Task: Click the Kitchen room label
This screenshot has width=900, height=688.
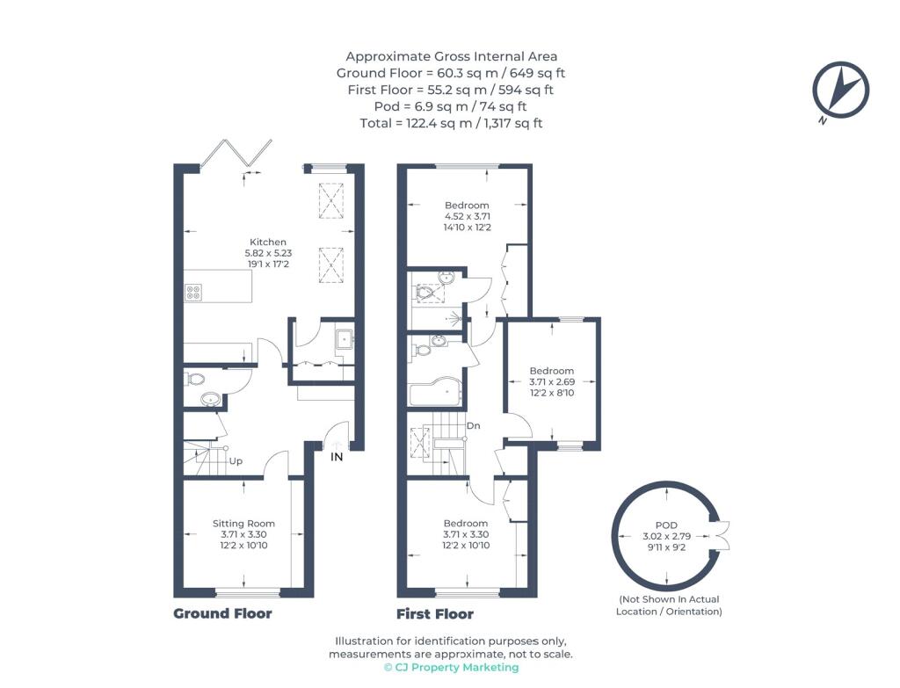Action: point(268,243)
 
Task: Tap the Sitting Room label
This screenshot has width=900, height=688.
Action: point(244,524)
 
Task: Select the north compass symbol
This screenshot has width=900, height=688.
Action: point(840,91)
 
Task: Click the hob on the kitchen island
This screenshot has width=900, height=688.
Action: point(192,293)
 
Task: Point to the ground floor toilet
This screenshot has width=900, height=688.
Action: point(195,380)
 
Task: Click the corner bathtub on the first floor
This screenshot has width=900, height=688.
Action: point(433,392)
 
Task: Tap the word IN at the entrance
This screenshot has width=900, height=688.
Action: point(337,457)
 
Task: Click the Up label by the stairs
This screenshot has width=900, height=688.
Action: point(236,460)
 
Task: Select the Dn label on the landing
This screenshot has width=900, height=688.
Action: point(473,426)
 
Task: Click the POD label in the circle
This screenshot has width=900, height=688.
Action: point(666,525)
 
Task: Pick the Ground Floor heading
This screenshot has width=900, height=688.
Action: point(222,613)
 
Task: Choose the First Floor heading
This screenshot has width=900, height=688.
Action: point(435,614)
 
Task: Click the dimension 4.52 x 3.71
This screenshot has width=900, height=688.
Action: point(468,216)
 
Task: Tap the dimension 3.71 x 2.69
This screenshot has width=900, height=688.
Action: point(552,381)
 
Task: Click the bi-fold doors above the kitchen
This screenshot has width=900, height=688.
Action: point(236,154)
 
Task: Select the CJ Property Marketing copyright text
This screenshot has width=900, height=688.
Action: point(451,667)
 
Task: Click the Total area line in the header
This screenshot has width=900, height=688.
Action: point(451,123)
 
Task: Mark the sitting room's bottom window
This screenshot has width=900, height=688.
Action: point(247,593)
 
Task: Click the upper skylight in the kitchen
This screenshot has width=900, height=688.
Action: point(331,201)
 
